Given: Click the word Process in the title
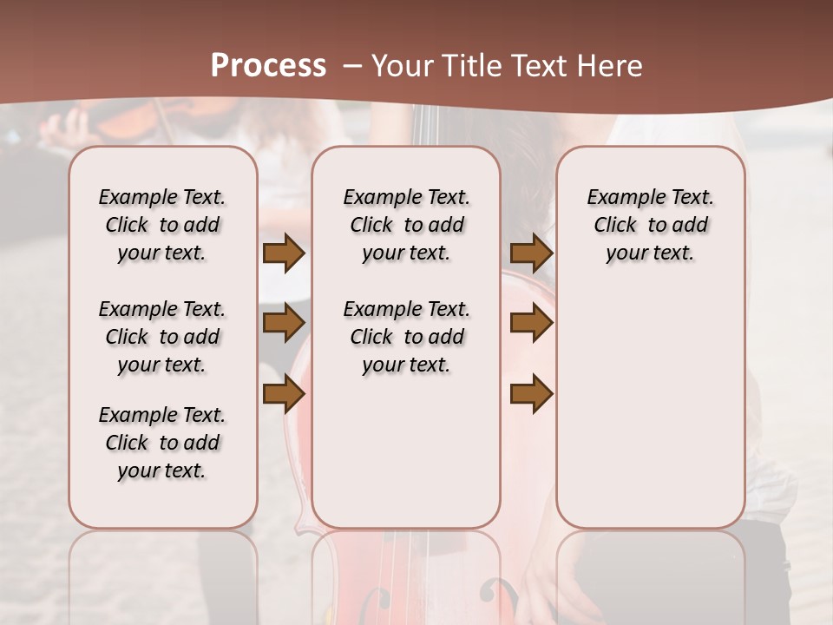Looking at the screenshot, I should [268, 66].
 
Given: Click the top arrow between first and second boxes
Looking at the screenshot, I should [284, 253].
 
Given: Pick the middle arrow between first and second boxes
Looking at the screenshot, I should [284, 323].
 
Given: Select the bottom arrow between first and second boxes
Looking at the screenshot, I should [284, 394].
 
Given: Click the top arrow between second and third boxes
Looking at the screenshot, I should [532, 253].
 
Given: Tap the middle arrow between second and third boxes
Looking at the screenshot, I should [532, 323].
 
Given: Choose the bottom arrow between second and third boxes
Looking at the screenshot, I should [532, 394].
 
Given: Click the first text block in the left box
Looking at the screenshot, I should [162, 225].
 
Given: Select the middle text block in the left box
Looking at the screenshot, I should [162, 337].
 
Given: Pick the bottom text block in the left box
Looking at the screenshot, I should [162, 443].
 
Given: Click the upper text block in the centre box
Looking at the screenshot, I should [406, 225].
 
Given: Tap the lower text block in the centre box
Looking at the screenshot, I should [406, 337].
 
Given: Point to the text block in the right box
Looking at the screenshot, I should [650, 225].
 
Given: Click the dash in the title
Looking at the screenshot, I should [352, 66].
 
